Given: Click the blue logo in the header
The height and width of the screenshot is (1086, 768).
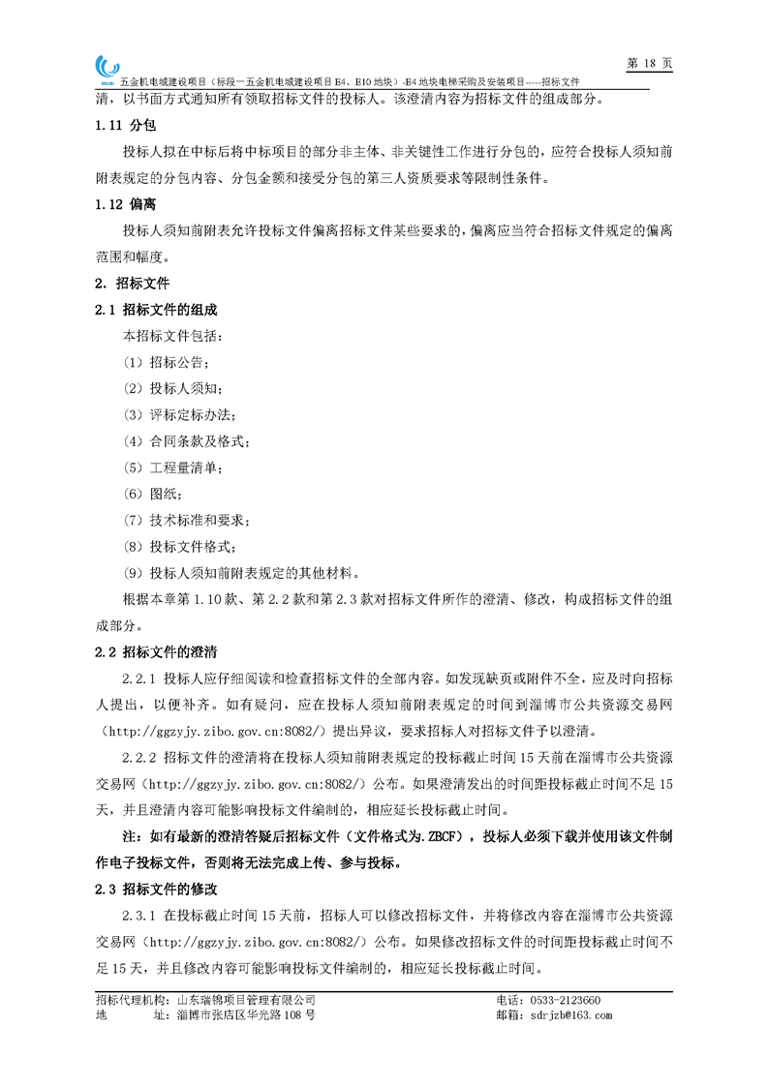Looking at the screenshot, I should pos(108,68).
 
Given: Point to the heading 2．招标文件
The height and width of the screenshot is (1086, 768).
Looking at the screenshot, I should pos(132,284).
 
